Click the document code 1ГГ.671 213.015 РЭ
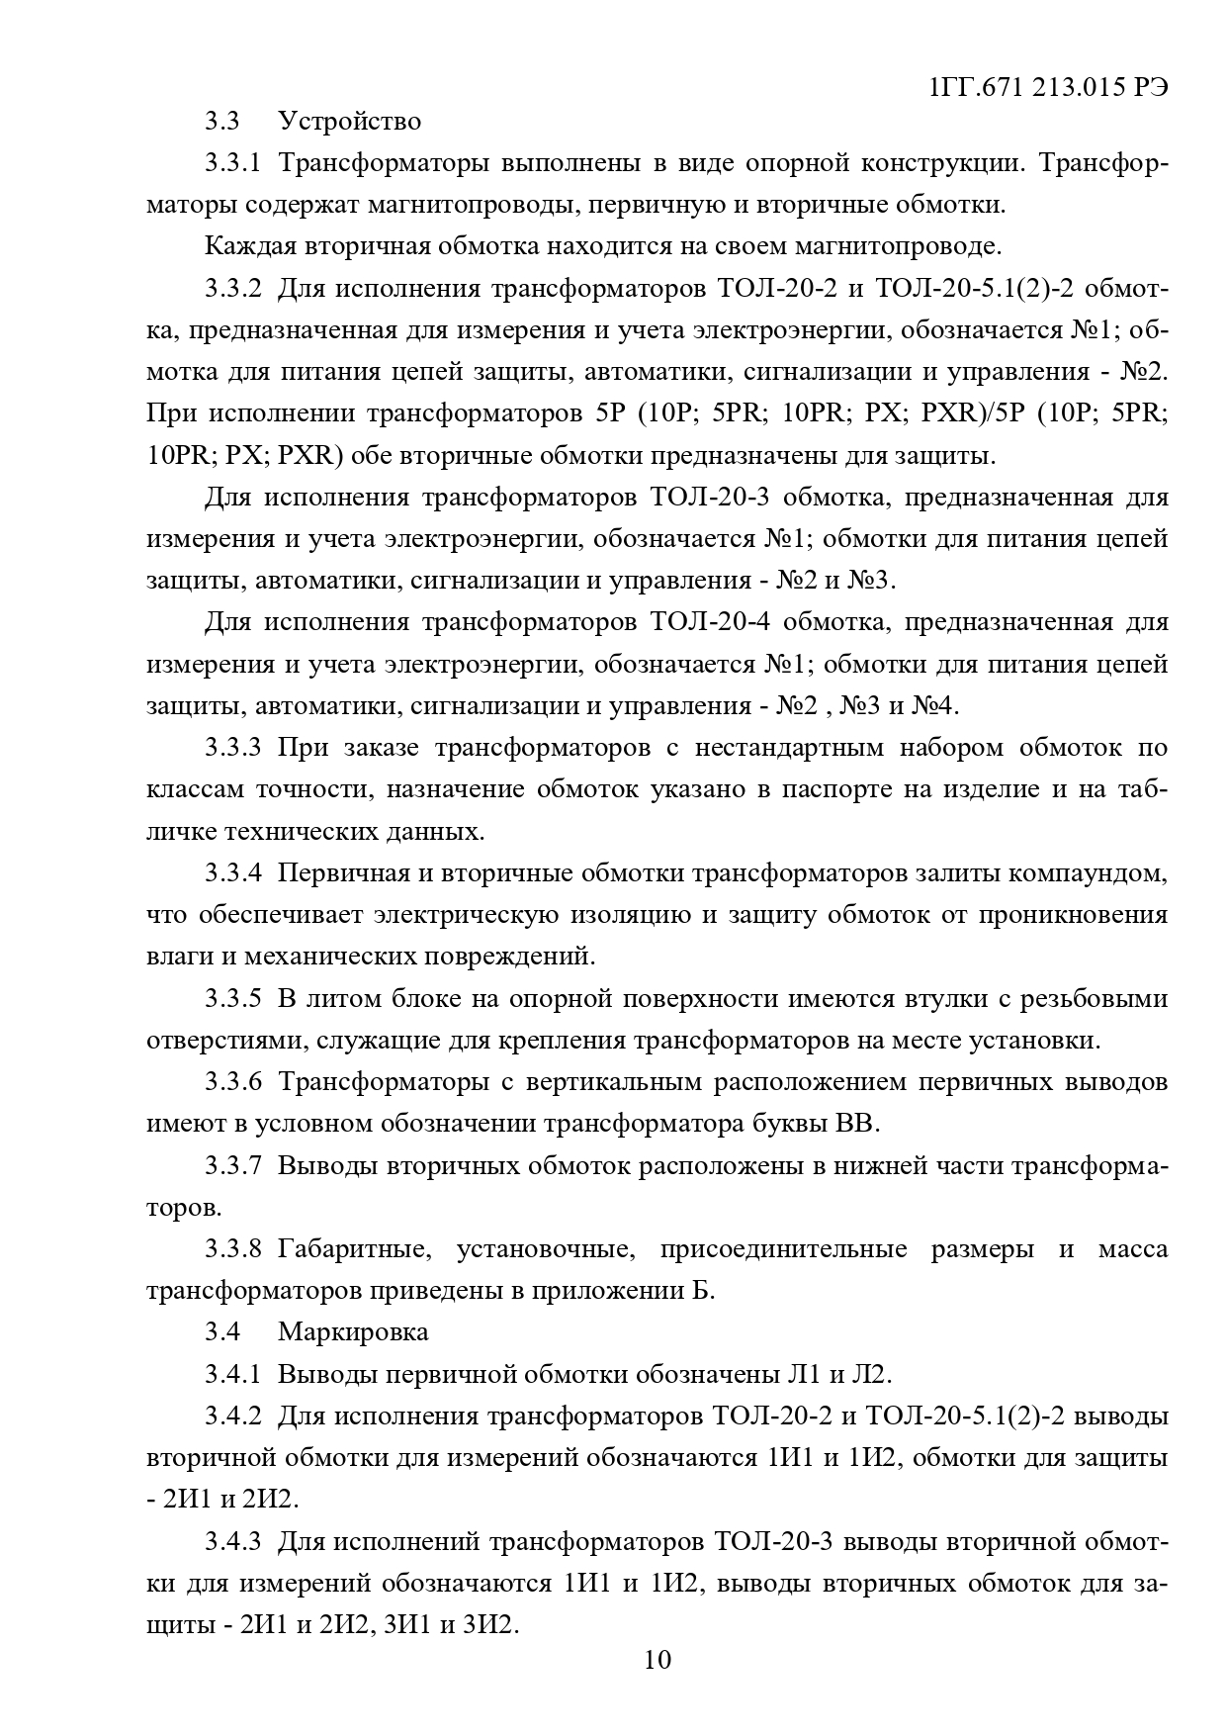1049,87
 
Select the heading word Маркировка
353,1331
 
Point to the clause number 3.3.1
233,163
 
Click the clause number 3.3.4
233,873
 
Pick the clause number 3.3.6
233,1081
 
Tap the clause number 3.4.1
233,1374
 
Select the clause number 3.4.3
233,1541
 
